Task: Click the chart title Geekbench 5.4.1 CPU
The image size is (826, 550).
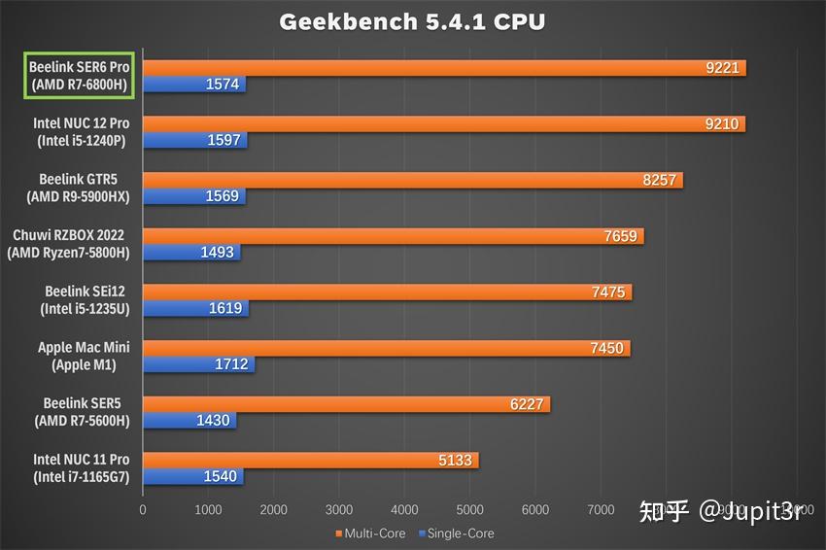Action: (x=412, y=21)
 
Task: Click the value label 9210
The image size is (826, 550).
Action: (x=722, y=123)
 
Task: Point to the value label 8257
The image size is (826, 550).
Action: (x=660, y=180)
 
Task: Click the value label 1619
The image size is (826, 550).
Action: (x=225, y=309)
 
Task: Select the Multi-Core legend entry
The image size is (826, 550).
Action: (x=371, y=533)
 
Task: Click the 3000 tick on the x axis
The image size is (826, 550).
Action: (x=339, y=509)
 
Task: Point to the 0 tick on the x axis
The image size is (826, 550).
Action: (x=143, y=509)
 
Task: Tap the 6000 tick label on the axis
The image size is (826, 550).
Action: (x=535, y=509)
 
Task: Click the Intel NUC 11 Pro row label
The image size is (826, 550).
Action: (x=82, y=467)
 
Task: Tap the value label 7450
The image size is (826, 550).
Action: (x=607, y=348)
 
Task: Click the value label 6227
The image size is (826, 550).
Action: (x=528, y=404)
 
